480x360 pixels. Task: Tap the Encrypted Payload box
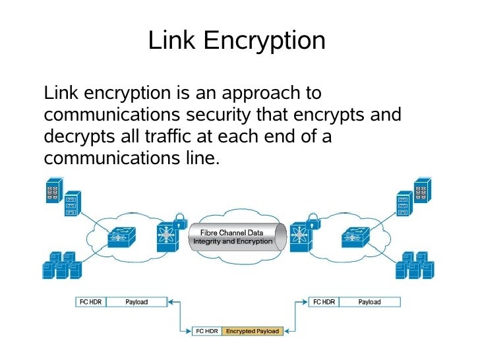[253, 331]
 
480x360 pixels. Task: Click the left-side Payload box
[136, 302]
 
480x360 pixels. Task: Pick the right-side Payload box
[369, 302]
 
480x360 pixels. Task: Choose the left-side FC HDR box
[90, 302]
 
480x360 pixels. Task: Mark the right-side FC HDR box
[324, 302]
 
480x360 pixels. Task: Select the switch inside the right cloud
[357, 237]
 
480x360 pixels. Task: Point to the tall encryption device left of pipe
[167, 237]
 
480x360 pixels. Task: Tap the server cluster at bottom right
[416, 265]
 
